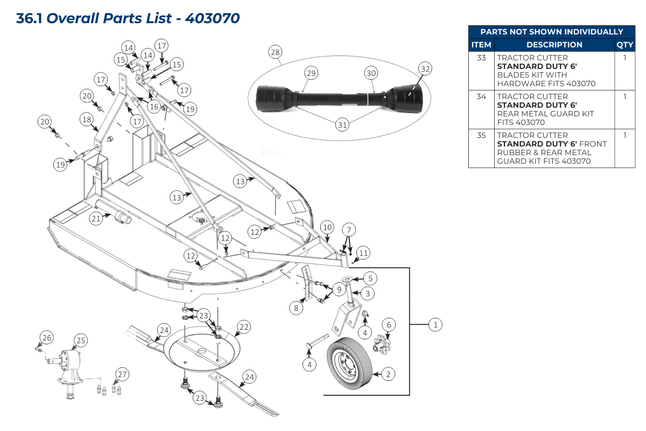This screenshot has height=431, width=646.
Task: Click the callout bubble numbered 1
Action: [x=436, y=324]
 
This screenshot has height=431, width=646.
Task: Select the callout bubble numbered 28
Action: [x=275, y=52]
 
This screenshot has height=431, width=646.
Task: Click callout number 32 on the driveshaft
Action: [x=425, y=69]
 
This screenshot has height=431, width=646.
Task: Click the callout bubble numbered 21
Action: [x=96, y=218]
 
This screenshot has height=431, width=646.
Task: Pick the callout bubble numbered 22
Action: [x=244, y=326]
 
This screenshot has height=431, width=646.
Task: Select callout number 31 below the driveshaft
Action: [x=342, y=125]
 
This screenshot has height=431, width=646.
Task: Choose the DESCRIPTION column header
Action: [x=554, y=45]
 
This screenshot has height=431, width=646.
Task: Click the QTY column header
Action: [x=624, y=45]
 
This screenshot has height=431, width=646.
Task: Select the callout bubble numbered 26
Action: [x=47, y=338]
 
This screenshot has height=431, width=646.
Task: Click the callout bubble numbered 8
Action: [x=295, y=308]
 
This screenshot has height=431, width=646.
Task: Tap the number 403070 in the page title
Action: [x=212, y=18]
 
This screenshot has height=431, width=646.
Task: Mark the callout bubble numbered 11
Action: [x=364, y=253]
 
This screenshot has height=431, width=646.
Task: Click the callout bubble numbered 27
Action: [x=122, y=374]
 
